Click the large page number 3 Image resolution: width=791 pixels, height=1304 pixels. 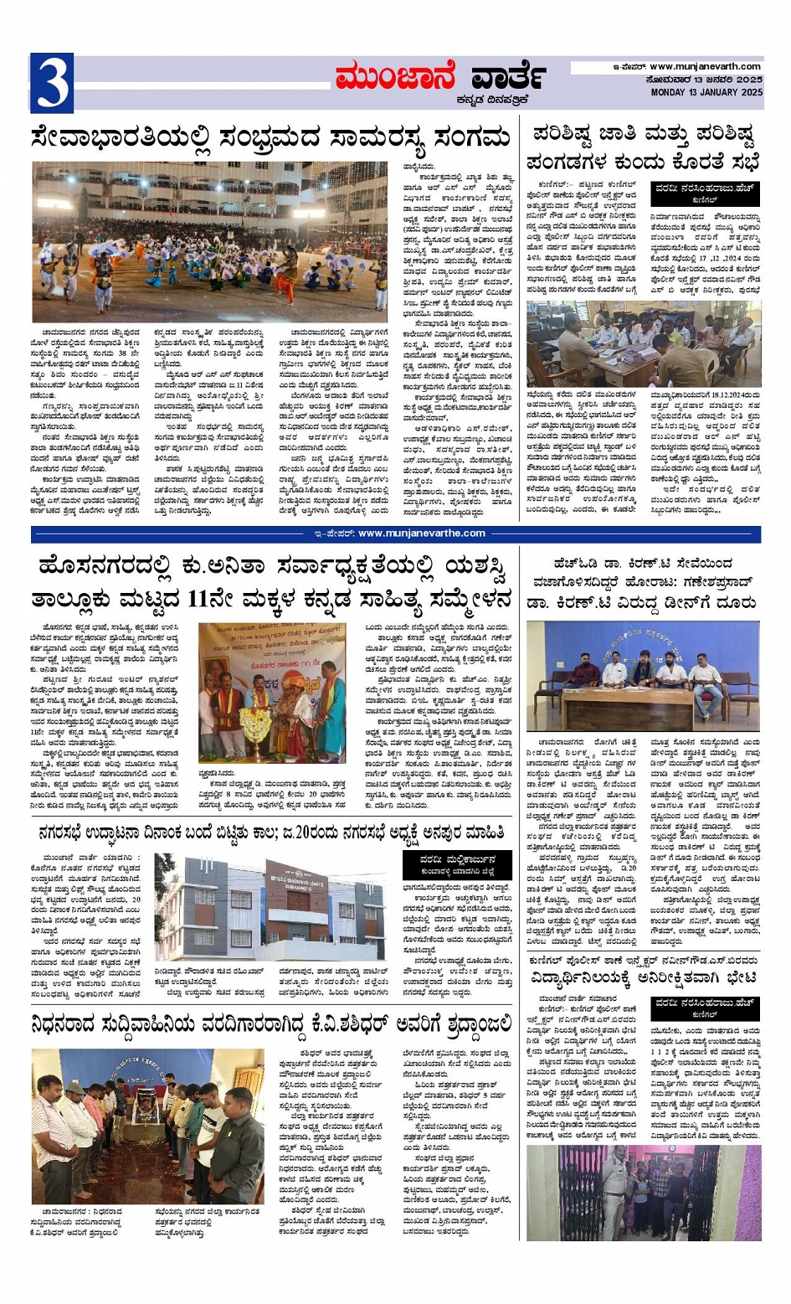51,82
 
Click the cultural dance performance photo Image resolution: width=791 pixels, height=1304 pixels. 210,241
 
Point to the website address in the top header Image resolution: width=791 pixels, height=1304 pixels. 705,67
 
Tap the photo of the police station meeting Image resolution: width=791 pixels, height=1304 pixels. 643,343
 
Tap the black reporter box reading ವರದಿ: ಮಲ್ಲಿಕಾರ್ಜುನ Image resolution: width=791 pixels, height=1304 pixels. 455,863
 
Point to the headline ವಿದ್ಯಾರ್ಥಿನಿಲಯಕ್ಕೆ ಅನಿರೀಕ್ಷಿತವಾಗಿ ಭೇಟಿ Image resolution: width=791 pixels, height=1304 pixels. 643,977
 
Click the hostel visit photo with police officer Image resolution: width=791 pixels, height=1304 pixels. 643,1193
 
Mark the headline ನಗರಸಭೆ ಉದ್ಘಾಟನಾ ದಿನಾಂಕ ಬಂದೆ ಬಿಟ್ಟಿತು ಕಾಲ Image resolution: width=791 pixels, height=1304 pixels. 270,832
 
